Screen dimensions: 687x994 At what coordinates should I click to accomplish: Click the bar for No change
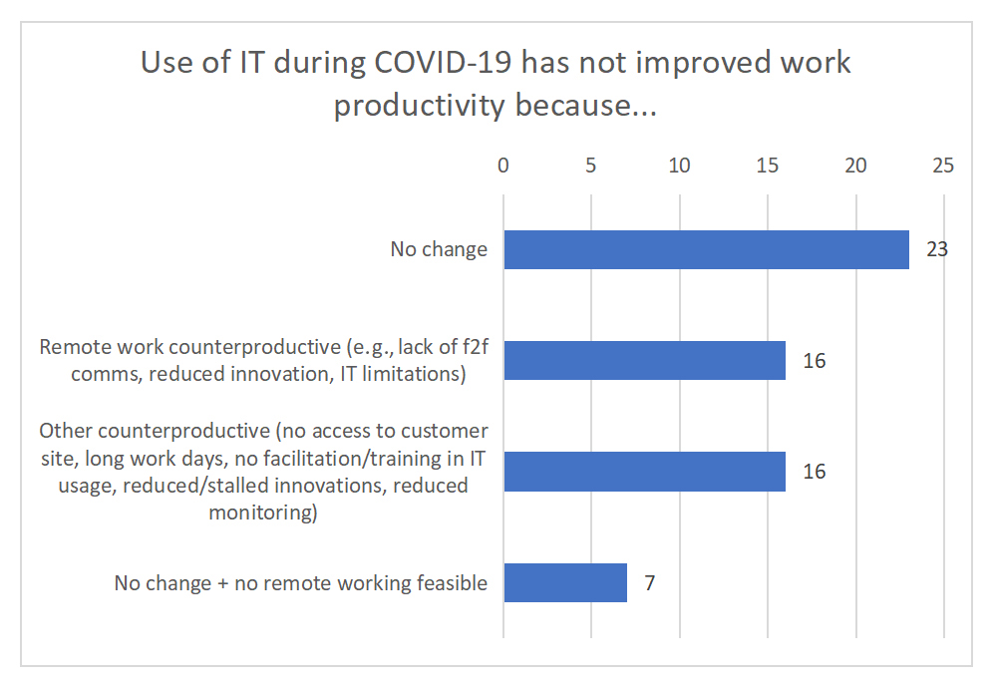pos(706,249)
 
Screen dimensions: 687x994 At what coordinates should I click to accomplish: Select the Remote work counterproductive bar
pos(644,360)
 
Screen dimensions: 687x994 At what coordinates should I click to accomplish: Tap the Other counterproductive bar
pos(644,471)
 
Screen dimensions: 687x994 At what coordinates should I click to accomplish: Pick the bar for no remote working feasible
pos(565,582)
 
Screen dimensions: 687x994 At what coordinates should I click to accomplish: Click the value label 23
pos(937,249)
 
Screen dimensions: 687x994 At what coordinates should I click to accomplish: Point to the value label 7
pos(650,582)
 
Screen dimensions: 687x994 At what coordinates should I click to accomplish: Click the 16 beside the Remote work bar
pos(815,360)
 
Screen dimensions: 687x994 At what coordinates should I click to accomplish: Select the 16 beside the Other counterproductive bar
pos(815,471)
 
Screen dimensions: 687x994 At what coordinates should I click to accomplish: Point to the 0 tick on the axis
pos(503,166)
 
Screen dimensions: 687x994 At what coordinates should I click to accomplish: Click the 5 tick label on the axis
pos(591,166)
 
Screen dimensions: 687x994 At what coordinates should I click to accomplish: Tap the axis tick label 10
pos(680,166)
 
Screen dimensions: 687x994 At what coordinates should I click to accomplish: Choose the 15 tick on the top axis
pos(768,166)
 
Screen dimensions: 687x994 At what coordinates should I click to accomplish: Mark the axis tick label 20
pos(855,166)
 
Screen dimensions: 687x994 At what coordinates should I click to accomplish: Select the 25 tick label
pos(943,166)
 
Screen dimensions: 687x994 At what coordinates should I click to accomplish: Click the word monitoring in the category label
pos(263,513)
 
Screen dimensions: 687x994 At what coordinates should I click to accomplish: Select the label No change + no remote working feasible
pos(301,582)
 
